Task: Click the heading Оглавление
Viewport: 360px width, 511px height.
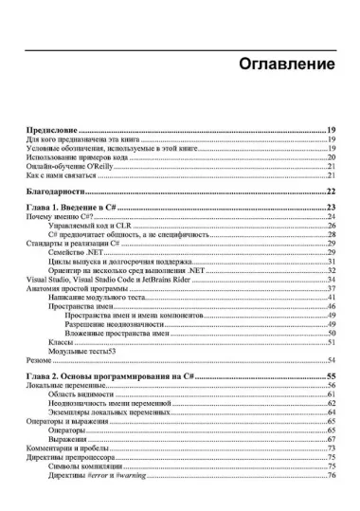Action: coord(282,64)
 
